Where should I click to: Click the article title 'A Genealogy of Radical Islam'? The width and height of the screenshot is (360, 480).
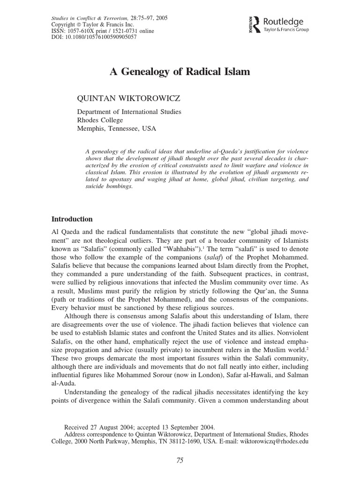(x=180, y=72)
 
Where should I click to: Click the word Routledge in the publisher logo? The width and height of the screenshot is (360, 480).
(x=284, y=21)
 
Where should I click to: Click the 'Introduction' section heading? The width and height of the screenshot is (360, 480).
(x=72, y=219)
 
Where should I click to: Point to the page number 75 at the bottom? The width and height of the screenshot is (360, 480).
(x=180, y=460)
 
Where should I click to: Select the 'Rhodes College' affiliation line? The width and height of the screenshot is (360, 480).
(x=100, y=120)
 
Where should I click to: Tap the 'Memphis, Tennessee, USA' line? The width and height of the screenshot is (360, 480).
(x=117, y=127)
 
